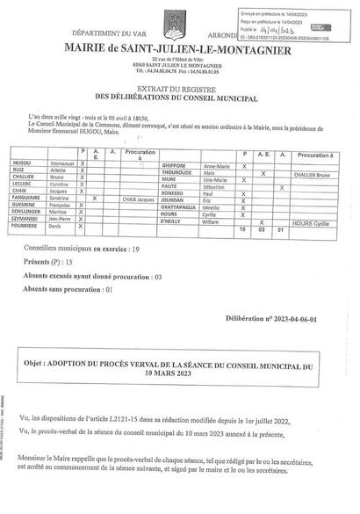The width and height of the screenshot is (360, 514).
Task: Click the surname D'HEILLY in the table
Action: [173, 221]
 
